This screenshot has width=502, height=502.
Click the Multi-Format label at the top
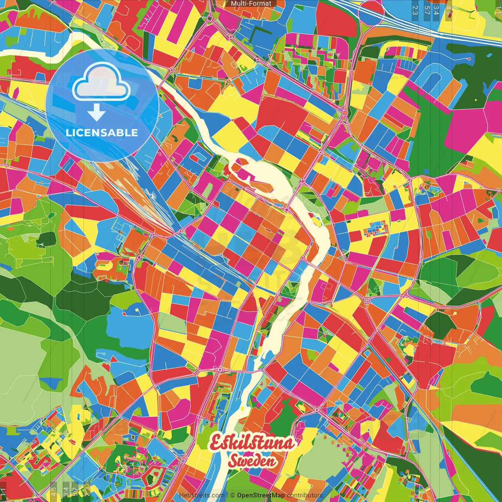click(251, 4)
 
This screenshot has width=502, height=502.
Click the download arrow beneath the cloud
click(96, 113)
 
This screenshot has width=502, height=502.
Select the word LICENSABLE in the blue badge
click(102, 133)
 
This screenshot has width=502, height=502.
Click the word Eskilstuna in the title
click(252, 443)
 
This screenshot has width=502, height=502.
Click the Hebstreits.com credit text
click(202, 495)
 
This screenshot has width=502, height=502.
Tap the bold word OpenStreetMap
click(260, 495)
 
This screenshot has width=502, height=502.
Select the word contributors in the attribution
click(305, 495)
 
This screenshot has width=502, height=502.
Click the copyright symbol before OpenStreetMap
click(233, 495)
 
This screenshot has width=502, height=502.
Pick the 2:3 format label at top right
click(415, 10)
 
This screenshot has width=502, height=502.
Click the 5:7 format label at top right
click(427, 10)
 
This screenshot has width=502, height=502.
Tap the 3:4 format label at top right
click(437, 10)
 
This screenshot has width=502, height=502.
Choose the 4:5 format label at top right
click(449, 10)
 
